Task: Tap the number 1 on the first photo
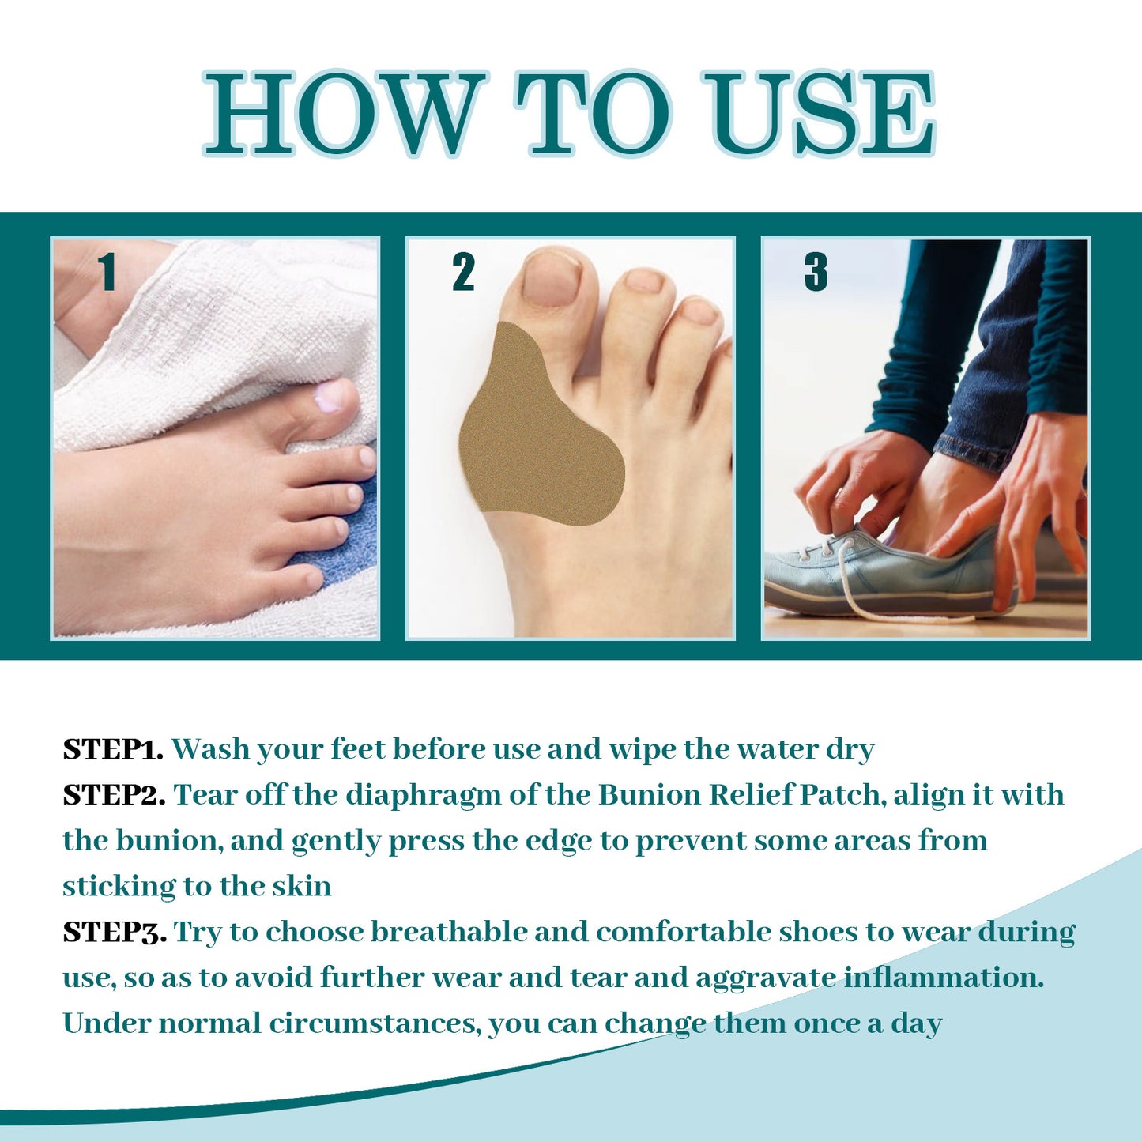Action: (x=107, y=272)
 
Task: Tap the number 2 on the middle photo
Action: (x=463, y=272)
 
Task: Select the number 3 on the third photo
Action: (x=816, y=272)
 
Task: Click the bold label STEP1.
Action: (x=113, y=749)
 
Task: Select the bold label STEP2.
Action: (x=114, y=795)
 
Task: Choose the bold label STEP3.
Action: (x=115, y=932)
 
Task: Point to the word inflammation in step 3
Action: (x=944, y=978)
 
